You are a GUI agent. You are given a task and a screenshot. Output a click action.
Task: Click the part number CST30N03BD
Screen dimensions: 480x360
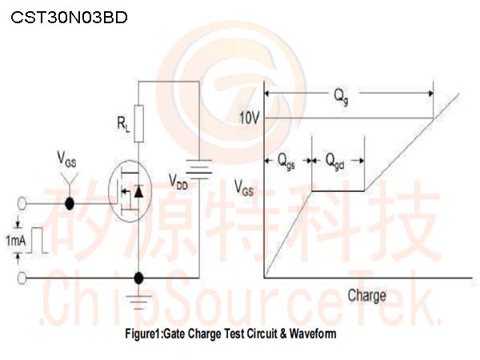point(69,18)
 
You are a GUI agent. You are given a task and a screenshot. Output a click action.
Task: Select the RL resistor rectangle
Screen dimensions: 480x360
point(139,124)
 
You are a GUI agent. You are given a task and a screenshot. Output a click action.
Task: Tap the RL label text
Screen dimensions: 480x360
point(123,124)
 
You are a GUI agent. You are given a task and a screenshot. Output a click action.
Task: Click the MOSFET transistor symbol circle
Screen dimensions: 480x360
point(130,192)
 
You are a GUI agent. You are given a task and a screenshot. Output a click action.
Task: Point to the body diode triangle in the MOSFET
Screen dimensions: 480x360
point(138,191)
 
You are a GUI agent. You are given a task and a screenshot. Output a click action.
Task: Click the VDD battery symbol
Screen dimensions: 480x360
point(199,169)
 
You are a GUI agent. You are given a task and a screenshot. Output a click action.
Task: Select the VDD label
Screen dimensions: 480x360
point(178,182)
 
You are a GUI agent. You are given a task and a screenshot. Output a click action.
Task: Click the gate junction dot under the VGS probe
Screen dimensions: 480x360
point(70,203)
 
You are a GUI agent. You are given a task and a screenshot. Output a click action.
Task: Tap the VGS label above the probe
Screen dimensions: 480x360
point(66,159)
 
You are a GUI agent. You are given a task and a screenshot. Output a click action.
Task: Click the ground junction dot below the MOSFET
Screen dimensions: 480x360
point(139,278)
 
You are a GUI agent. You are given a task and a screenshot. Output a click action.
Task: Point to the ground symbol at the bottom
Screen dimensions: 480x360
point(139,302)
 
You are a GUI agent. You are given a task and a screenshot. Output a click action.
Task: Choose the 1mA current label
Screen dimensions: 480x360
point(16,241)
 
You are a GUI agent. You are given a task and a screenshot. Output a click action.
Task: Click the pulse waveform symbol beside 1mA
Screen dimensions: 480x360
point(37,240)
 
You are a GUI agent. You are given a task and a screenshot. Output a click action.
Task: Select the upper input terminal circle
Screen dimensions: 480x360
point(22,203)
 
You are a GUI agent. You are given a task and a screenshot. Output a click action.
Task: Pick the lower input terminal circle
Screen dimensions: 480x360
point(22,278)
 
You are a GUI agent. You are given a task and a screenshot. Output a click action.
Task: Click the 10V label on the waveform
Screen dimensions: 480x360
point(249,118)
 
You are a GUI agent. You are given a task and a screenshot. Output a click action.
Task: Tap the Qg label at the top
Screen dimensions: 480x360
point(341,97)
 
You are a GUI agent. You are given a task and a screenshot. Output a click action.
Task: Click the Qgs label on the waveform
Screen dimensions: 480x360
point(286,162)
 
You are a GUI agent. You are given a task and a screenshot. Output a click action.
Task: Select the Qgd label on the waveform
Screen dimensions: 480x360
point(334,162)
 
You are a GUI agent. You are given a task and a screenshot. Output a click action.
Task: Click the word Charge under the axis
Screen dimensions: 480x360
point(366,296)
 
